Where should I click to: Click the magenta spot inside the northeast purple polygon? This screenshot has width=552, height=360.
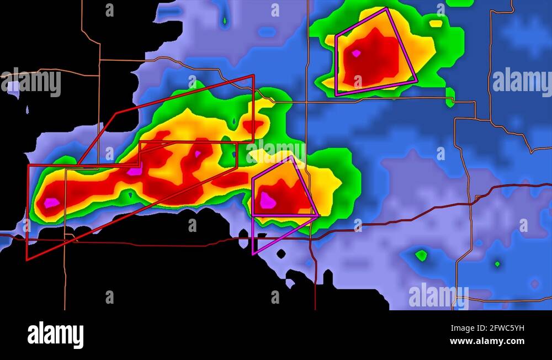pyautogui.click(x=356, y=54)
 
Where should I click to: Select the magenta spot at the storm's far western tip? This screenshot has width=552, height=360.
pyautogui.click(x=51, y=203)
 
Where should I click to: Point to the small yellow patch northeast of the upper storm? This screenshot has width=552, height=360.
pyautogui.click(x=436, y=24)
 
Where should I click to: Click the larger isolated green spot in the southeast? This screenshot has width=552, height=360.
pyautogui.click(x=421, y=255)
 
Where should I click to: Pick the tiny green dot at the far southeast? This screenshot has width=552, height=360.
pyautogui.click(x=497, y=264)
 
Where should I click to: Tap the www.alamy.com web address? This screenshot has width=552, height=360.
pyautogui.click(x=487, y=341)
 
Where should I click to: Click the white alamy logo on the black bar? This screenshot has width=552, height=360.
pyautogui.click(x=56, y=335)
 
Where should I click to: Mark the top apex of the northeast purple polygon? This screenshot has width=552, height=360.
pyautogui.click(x=386, y=8)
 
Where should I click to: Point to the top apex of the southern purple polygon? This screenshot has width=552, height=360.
pyautogui.click(x=291, y=157)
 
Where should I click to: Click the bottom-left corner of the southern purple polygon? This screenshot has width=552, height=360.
pyautogui.click(x=253, y=254)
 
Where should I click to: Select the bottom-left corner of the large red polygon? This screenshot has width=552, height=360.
pyautogui.click(x=27, y=259)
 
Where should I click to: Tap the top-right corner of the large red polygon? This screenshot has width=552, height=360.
pyautogui.click(x=253, y=76)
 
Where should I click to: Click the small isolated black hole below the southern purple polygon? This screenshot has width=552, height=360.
pyautogui.click(x=281, y=254)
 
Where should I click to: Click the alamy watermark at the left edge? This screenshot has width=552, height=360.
pyautogui.click(x=31, y=82)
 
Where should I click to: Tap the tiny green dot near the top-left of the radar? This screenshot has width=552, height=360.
pyautogui.click(x=224, y=22)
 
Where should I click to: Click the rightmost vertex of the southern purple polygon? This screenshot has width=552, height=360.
pyautogui.click(x=319, y=215)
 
